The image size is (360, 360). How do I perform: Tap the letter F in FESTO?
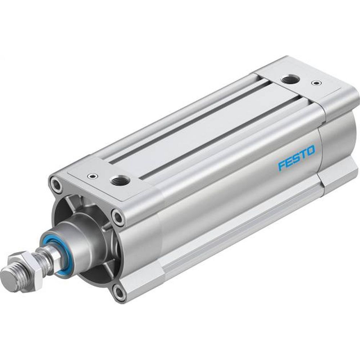click(282, 166)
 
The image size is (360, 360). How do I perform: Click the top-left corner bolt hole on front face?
click(57, 184)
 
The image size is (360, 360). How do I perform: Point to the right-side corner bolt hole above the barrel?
click(118, 216)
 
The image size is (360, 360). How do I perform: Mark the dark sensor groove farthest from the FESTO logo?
click(187, 122)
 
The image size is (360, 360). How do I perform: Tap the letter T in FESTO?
click(303, 154)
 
